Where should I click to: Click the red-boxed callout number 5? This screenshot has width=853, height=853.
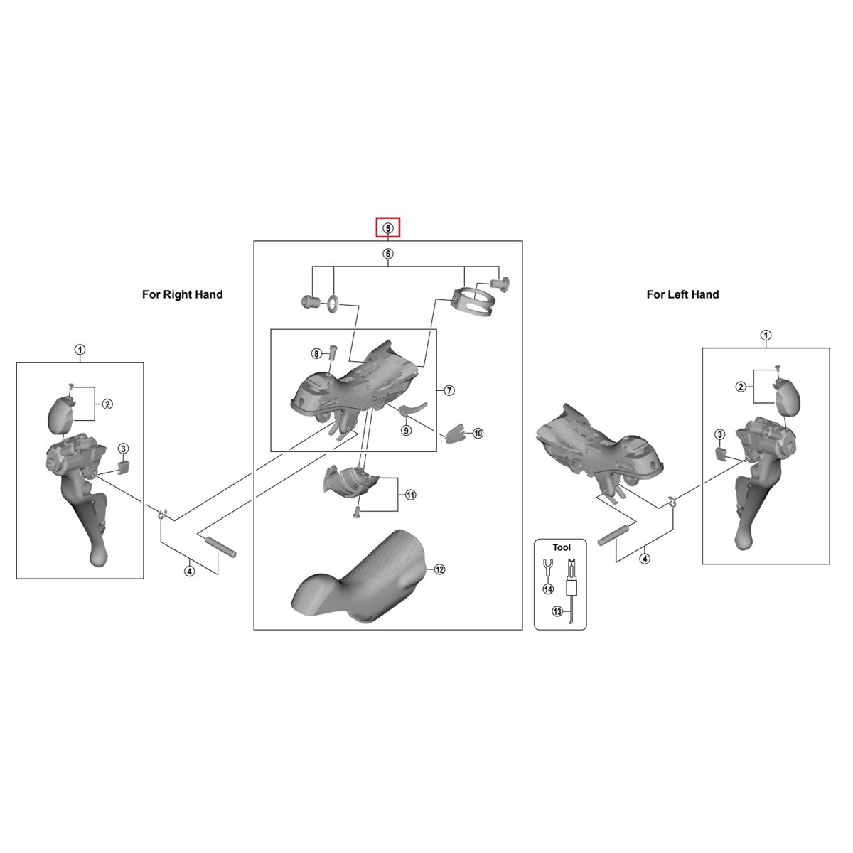pos(388,228)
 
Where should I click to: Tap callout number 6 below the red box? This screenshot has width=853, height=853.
pos(388,254)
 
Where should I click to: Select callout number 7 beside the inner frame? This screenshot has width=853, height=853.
pos(449,390)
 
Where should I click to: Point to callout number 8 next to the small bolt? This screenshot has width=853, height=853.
pos(316,354)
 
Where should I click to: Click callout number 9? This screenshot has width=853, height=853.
pos(406,429)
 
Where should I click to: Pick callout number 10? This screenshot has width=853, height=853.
pos(478,434)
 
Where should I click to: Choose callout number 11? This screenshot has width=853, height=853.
pos(410,495)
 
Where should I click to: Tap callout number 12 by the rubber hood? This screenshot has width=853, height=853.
pos(439,569)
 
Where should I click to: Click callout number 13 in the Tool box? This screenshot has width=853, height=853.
pos(557,611)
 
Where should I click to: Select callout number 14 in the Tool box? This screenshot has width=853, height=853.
pos(548,589)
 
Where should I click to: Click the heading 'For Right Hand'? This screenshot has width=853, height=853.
pos(183,294)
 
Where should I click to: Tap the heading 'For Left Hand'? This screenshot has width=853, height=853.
pos(682,294)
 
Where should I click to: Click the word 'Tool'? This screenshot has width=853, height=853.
pos(562,547)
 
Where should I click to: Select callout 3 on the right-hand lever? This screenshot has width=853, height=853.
pos(123,449)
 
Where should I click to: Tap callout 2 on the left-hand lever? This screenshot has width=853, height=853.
pos(741,387)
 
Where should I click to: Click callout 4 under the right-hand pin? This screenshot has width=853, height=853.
pos(190,571)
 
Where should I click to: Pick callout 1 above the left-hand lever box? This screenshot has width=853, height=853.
pos(766,335)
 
